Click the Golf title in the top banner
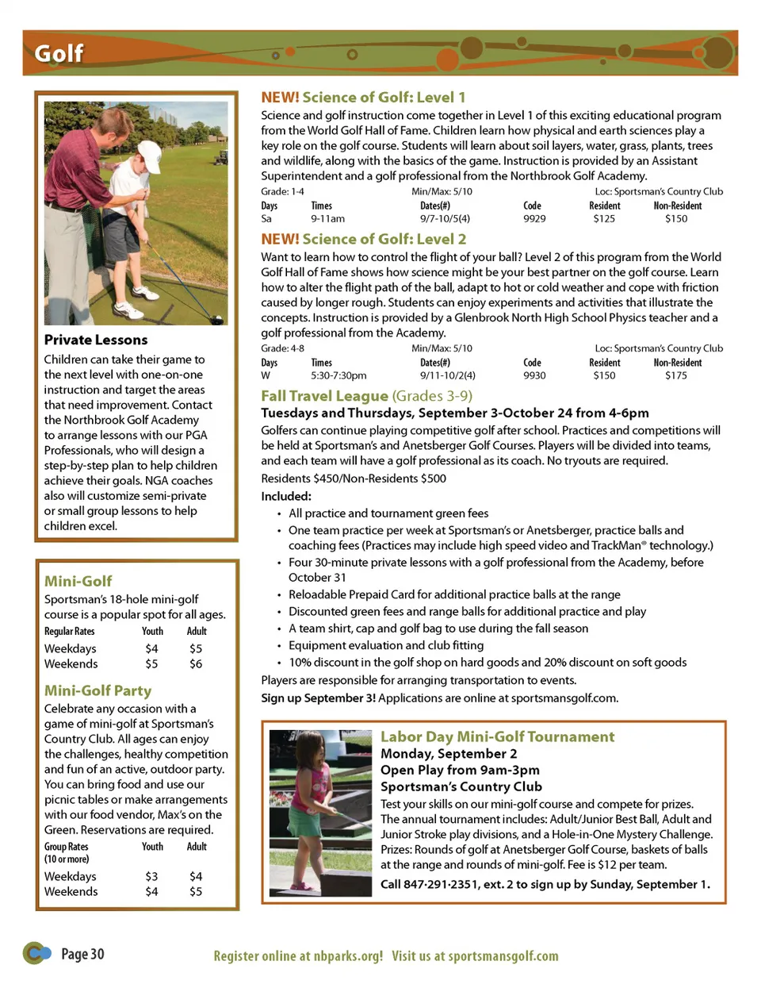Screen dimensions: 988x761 click(58, 53)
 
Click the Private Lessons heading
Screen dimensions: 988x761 click(96, 340)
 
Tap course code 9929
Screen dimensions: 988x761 click(534, 218)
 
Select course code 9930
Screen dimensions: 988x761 click(534, 375)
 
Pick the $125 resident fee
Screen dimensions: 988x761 click(604, 218)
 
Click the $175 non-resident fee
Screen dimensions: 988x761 click(676, 375)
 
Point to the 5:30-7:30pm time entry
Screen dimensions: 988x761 click(338, 375)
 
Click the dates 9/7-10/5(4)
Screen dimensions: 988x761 click(445, 218)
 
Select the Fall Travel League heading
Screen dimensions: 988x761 click(324, 395)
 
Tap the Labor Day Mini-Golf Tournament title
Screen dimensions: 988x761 click(497, 736)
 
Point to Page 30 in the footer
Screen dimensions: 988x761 click(82, 954)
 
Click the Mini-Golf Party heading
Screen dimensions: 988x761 click(98, 690)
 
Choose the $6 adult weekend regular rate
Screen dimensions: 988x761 click(196, 663)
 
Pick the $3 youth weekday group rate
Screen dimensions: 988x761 click(151, 876)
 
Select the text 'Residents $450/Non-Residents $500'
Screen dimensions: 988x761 click(354, 479)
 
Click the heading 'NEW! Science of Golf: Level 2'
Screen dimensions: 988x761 click(363, 239)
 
